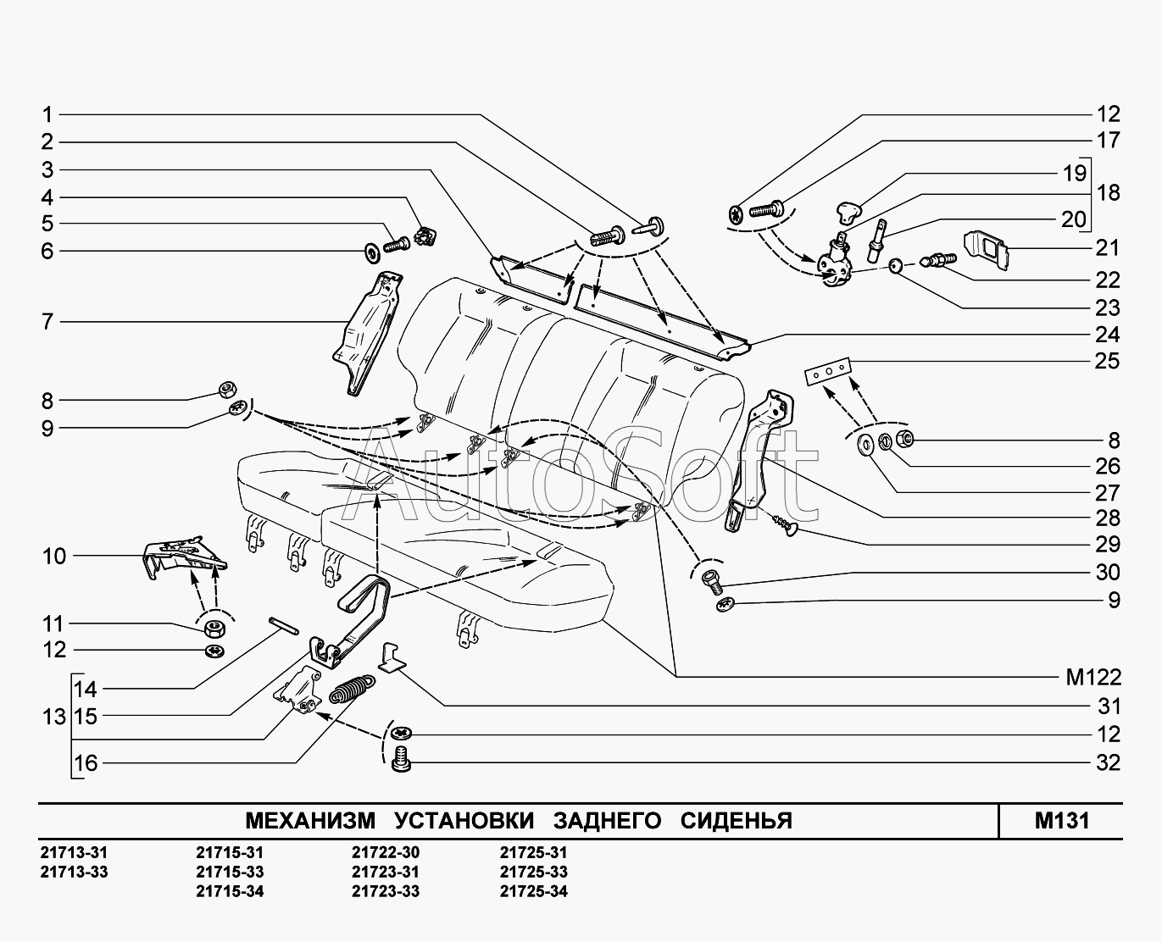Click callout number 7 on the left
pyautogui.click(x=47, y=322)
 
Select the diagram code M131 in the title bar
pyautogui.click(x=1061, y=820)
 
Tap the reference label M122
pyautogui.click(x=1093, y=677)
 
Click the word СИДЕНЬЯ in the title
pyautogui.click(x=737, y=820)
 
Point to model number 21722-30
pyautogui.click(x=385, y=852)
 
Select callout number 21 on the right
pyautogui.click(x=1108, y=247)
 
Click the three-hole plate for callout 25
pyautogui.click(x=826, y=371)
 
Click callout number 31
pyautogui.click(x=1108, y=706)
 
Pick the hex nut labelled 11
pyautogui.click(x=214, y=629)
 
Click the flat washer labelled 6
pyautogui.click(x=371, y=252)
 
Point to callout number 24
pyautogui.click(x=1108, y=334)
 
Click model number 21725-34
pyautogui.click(x=533, y=891)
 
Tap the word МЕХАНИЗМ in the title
pyautogui.click(x=309, y=820)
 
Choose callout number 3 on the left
pyautogui.click(x=47, y=169)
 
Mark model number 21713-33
pyautogui.click(x=74, y=872)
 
